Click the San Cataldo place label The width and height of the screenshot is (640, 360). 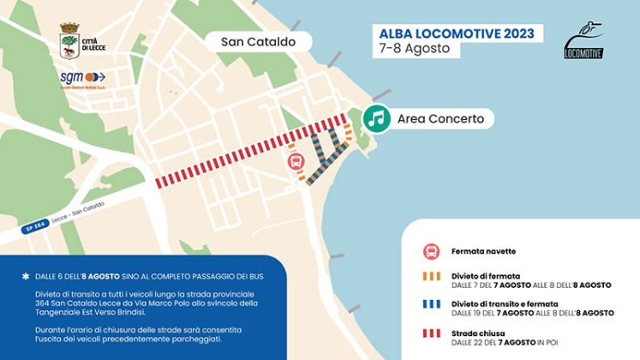(x=258, y=41)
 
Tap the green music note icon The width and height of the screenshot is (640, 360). (x=375, y=118)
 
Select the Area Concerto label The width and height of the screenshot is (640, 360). (x=441, y=119)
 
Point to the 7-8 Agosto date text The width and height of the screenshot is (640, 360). (x=415, y=49)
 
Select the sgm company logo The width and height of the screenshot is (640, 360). (x=82, y=79)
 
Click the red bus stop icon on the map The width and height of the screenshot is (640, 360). (x=294, y=161)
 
